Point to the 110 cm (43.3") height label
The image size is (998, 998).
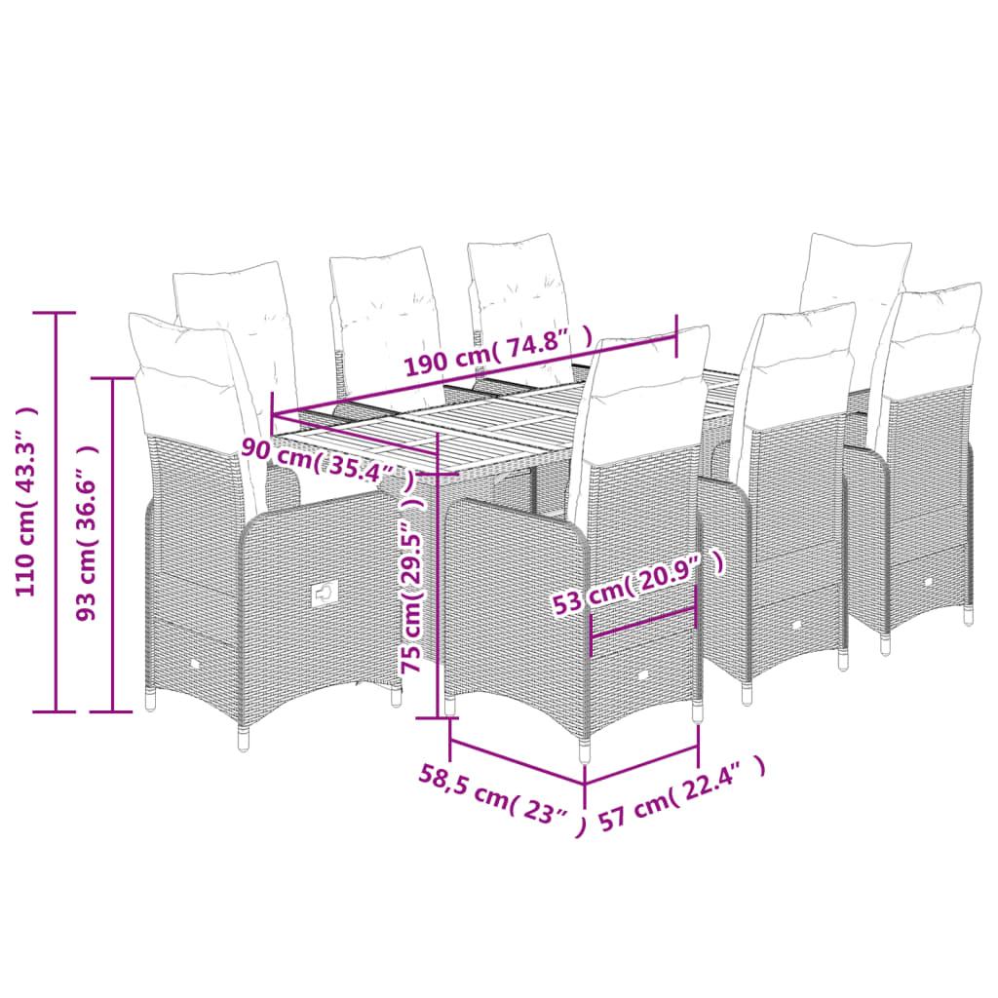coord(26,502)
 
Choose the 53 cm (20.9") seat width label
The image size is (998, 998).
coord(637,583)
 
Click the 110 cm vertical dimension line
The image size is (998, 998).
coord(56,512)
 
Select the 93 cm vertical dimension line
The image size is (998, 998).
coord(113,544)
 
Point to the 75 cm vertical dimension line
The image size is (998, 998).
coord(438,575)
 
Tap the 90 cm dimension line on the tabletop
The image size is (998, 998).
coord(355,436)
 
